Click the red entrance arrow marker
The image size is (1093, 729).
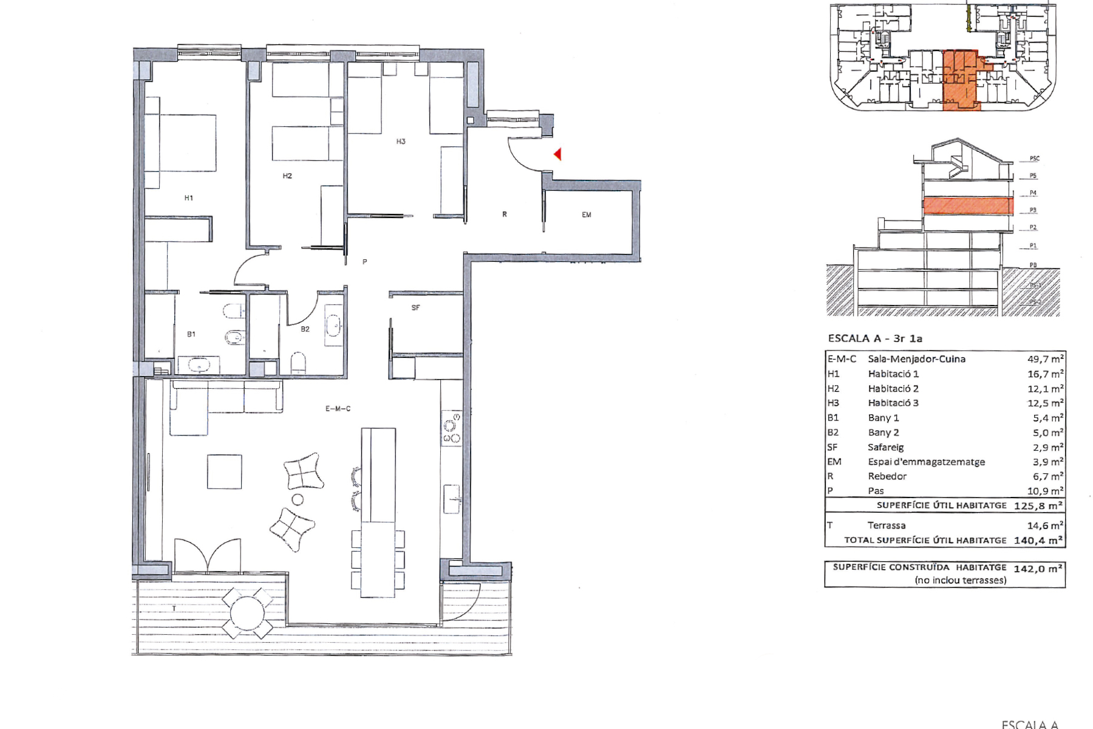(x=557, y=154)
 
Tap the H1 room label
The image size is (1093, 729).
(x=189, y=198)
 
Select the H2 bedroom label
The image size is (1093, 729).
(x=287, y=176)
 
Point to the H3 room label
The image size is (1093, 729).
(x=401, y=142)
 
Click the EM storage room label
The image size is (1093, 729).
(x=587, y=214)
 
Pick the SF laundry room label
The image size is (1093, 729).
(x=415, y=308)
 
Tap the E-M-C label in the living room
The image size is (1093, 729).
(x=338, y=409)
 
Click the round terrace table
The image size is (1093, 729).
(x=247, y=613)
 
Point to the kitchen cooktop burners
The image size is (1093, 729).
(x=452, y=428)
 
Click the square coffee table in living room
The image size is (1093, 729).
(x=224, y=471)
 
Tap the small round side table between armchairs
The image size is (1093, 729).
(x=298, y=500)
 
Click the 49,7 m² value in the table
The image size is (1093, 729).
(x=1045, y=359)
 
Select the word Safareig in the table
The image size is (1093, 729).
(x=885, y=447)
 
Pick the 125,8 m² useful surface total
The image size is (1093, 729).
(x=1038, y=505)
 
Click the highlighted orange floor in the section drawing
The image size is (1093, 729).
(x=968, y=205)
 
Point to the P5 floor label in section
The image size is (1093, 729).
(x=1033, y=176)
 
